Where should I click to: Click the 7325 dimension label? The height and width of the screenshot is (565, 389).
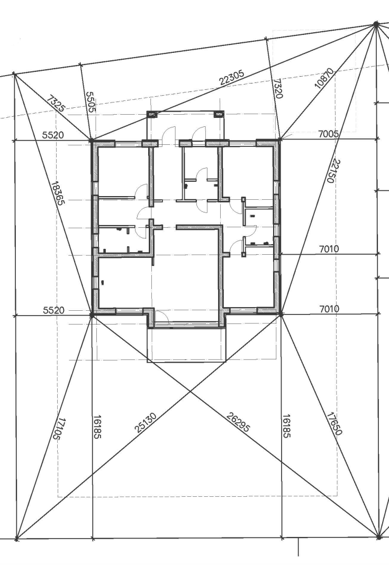click(x=55, y=104)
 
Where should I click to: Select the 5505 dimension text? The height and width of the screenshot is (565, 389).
click(x=91, y=101)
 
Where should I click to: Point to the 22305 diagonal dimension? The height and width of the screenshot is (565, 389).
click(x=232, y=78)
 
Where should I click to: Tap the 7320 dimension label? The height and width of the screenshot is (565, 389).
click(x=278, y=89)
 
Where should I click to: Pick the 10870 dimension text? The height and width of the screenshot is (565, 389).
click(x=325, y=78)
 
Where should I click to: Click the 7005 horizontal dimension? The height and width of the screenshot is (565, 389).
click(x=328, y=134)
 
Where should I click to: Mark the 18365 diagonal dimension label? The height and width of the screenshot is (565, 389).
click(x=58, y=193)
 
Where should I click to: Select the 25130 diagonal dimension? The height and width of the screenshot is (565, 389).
click(x=146, y=423)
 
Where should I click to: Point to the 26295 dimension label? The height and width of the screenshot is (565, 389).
click(x=238, y=422)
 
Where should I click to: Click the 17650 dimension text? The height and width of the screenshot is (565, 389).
click(x=334, y=424)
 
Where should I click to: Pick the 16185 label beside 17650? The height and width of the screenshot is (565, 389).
click(x=286, y=426)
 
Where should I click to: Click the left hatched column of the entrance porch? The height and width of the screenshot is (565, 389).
click(x=152, y=115)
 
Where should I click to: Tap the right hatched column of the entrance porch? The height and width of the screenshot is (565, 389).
click(x=219, y=115)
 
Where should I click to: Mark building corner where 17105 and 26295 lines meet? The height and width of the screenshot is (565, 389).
click(x=92, y=315)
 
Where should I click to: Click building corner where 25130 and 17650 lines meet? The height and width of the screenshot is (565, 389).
click(x=281, y=314)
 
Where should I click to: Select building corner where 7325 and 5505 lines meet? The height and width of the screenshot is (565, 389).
click(x=92, y=140)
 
